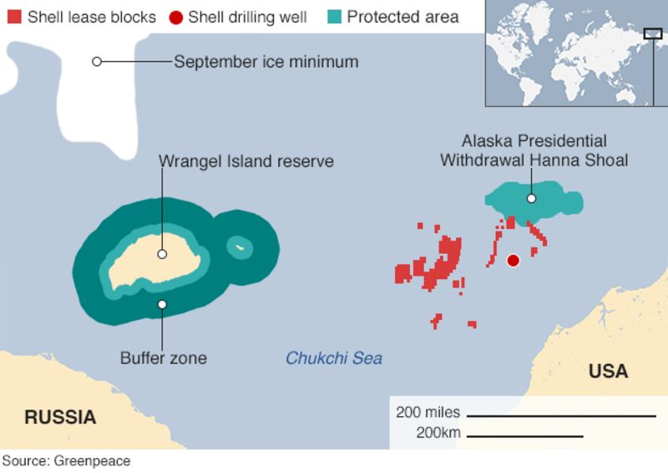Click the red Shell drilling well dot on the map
[x=514, y=261]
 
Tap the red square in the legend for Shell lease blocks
[x=13, y=17]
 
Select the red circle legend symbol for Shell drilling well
[x=175, y=17]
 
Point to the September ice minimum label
[x=266, y=62]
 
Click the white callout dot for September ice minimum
[x=97, y=62]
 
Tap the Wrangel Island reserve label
[x=246, y=161]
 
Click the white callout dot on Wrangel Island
[x=162, y=254]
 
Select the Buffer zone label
[x=163, y=359]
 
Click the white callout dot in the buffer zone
[x=162, y=304]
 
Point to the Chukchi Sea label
[x=334, y=359]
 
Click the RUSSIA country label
[x=59, y=417]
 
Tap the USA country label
[x=608, y=371]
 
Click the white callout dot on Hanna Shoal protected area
[x=531, y=199]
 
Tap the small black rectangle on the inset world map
[x=652, y=33]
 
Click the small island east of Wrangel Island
[x=240, y=247]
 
